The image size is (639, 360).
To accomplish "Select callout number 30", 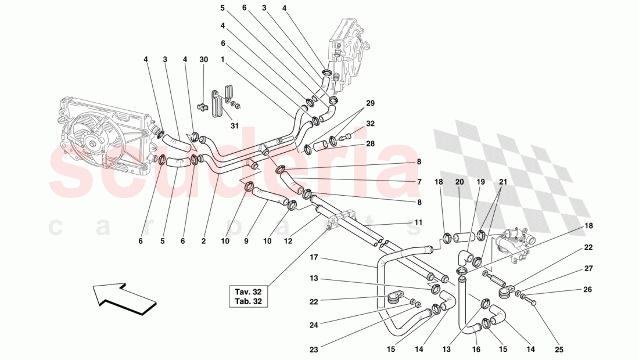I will click(x=203, y=60).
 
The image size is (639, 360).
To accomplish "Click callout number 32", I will click(x=370, y=123).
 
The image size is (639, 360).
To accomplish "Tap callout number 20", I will click(x=459, y=182).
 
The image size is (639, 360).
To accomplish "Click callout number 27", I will click(x=588, y=268).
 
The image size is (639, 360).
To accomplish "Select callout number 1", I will click(x=222, y=59).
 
